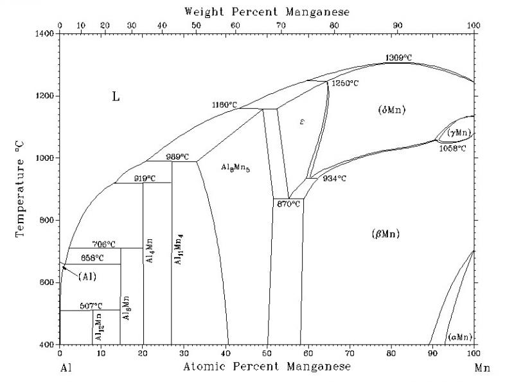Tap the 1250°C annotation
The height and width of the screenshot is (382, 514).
pos(345,84)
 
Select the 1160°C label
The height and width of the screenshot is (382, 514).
pos(225,104)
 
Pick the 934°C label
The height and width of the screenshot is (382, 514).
pos(334,178)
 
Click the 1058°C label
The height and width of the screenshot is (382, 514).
pos(453,148)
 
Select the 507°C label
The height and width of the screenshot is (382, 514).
pos(91,305)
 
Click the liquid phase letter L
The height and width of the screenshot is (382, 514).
pos(116,97)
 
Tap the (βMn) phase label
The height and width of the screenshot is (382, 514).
pos(385,233)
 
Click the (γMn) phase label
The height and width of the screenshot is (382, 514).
pos(459,132)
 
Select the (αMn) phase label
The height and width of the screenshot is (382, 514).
pos(460,337)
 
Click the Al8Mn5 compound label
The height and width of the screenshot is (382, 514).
pos(236,168)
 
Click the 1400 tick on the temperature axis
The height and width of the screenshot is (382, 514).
pos(47,33)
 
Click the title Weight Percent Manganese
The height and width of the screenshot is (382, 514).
pos(267,11)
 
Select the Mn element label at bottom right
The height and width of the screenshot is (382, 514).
pos(482,369)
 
